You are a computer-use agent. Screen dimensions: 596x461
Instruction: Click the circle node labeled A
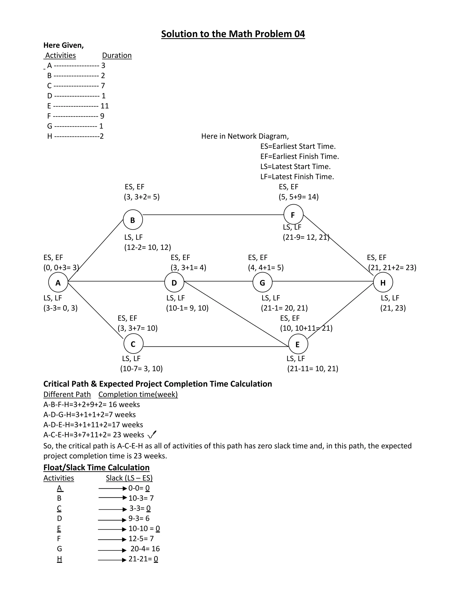click(58, 282)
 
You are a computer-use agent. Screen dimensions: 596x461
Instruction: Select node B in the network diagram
click(133, 220)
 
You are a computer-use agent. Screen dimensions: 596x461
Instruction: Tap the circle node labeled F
click(293, 215)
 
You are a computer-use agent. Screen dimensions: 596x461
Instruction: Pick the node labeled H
click(383, 282)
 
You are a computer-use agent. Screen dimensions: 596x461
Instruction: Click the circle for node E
click(298, 344)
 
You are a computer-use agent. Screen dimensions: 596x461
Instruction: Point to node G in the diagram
click(262, 282)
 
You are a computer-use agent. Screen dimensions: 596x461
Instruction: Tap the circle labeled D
click(174, 282)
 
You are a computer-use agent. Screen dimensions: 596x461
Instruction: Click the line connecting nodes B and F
click(213, 215)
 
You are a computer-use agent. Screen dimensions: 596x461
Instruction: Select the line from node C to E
click(216, 347)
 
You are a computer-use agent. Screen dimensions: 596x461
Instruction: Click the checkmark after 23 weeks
click(152, 434)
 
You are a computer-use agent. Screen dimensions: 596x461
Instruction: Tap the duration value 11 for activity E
click(105, 106)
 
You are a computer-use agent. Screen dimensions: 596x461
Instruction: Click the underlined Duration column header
click(117, 55)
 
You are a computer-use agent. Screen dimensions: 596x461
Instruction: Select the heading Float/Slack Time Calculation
click(96, 468)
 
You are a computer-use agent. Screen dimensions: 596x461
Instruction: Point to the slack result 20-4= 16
click(145, 549)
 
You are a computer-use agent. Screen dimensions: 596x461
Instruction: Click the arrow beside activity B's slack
click(113, 498)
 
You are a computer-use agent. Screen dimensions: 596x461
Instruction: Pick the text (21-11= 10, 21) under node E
click(313, 369)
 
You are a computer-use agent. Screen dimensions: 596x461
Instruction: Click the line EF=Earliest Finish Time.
click(300, 156)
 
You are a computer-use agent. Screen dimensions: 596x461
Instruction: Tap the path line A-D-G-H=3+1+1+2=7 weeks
click(90, 415)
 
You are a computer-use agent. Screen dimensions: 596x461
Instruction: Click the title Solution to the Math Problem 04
click(233, 34)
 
